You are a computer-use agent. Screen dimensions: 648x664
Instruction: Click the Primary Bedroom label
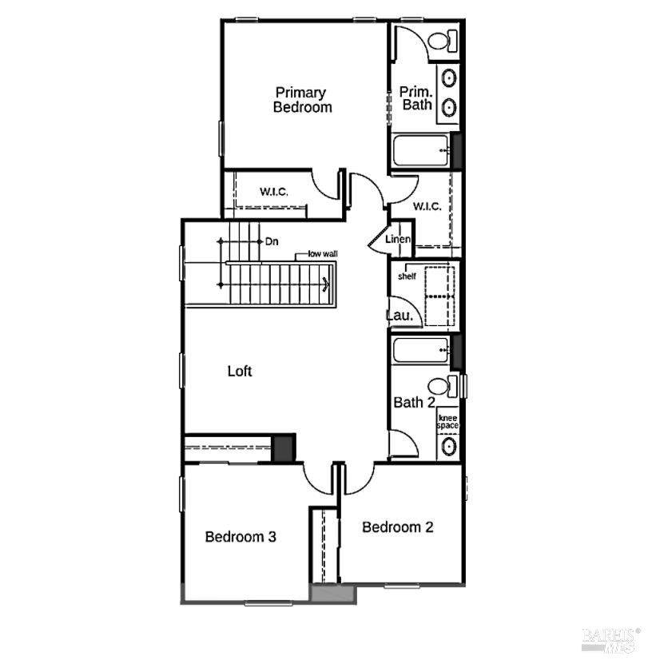(x=302, y=100)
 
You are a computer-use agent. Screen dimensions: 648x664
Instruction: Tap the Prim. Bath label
(x=416, y=98)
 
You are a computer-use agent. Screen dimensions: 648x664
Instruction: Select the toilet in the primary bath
(x=443, y=41)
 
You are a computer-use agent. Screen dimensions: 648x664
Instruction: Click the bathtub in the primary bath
(x=420, y=150)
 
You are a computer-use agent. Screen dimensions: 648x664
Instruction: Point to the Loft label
(x=240, y=372)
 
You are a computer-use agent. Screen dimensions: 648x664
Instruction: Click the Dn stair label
(x=272, y=242)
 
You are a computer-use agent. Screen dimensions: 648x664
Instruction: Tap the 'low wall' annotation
(x=323, y=253)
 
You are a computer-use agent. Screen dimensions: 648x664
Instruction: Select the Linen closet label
(x=398, y=239)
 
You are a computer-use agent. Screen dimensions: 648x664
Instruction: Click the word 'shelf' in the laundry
(x=407, y=276)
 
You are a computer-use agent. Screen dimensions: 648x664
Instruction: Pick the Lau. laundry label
(x=400, y=315)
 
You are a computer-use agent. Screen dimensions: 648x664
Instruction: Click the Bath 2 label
(x=414, y=402)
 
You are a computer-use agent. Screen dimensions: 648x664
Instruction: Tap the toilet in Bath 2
(x=443, y=386)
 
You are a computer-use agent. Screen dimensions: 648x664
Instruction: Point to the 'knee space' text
(x=447, y=422)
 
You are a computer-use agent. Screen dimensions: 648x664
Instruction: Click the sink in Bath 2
(x=448, y=446)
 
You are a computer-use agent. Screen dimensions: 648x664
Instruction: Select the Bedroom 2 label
(x=398, y=527)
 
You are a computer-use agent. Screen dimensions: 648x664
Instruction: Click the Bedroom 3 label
(x=241, y=537)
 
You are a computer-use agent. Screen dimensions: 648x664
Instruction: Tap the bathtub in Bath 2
(x=420, y=350)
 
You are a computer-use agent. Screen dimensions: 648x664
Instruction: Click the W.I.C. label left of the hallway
(x=274, y=192)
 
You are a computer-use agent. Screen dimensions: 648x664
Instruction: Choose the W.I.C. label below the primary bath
(x=427, y=206)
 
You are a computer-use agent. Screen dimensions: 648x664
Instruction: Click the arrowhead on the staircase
(x=326, y=284)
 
